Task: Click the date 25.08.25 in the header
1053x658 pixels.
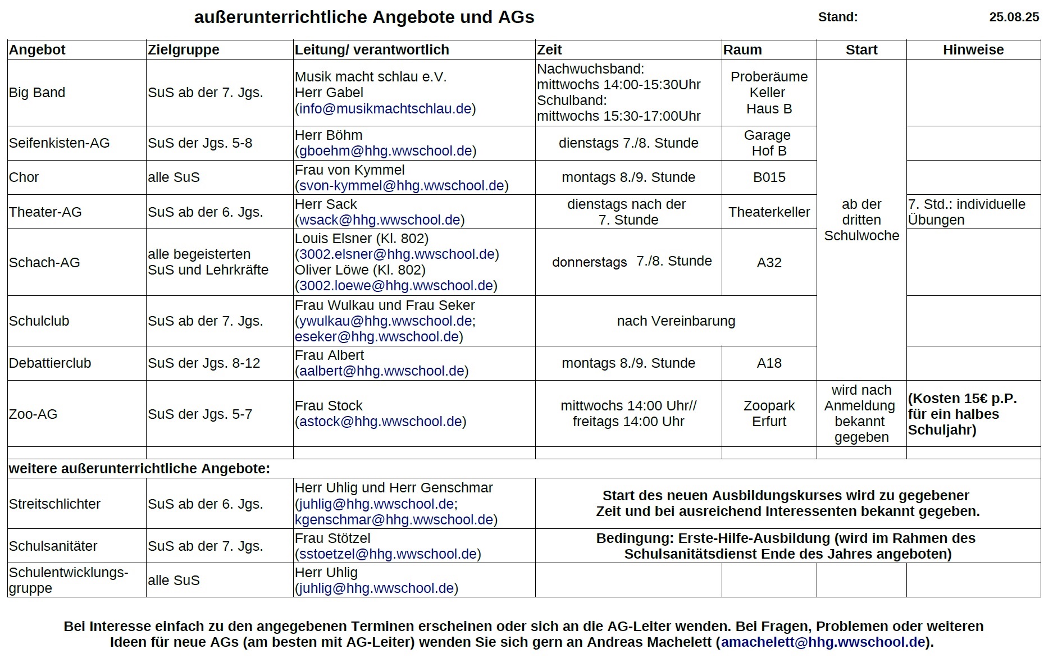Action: [x=1014, y=17]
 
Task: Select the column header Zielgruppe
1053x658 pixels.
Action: [x=184, y=50]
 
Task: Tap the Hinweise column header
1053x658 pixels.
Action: [x=973, y=50]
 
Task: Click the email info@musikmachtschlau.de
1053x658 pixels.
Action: [x=385, y=109]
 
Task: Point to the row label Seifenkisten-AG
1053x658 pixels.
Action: [x=59, y=143]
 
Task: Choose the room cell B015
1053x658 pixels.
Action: [x=769, y=177]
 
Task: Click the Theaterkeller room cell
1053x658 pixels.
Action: [x=769, y=212]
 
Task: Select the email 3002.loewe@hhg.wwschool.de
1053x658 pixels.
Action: [x=396, y=286]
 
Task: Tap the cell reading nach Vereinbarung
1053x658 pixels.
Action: [x=676, y=321]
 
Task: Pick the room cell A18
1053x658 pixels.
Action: [x=769, y=363]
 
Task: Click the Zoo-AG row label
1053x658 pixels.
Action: [x=33, y=414]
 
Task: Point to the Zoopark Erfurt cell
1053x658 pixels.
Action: [x=769, y=414]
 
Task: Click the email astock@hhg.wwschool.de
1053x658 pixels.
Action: [x=380, y=422]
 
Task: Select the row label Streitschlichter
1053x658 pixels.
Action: [x=54, y=504]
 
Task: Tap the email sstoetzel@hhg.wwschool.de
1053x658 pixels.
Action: [x=388, y=554]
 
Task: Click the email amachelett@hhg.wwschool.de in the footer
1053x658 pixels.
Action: [x=823, y=642]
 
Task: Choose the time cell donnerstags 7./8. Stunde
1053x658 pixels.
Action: [x=631, y=262]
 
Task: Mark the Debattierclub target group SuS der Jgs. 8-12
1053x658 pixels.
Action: [x=204, y=363]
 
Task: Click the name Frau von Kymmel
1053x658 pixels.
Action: [x=349, y=170]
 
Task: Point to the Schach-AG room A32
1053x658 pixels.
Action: [x=769, y=263]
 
